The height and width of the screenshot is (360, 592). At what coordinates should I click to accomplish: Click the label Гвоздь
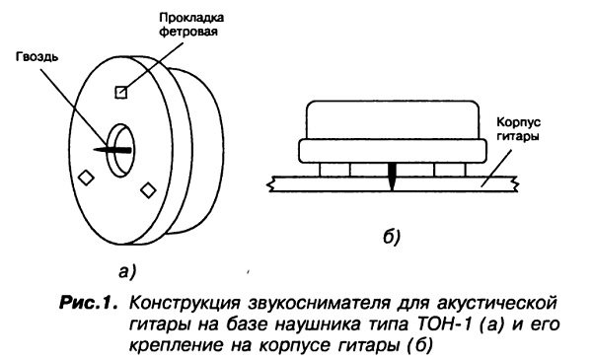pos(37,57)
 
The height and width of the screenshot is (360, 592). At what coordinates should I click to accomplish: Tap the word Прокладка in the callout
pos(191,18)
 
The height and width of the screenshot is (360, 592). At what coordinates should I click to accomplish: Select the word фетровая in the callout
pos(188,32)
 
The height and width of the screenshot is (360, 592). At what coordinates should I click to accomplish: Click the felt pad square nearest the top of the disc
pos(120,92)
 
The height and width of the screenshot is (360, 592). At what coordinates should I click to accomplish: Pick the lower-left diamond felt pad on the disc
pos(86,178)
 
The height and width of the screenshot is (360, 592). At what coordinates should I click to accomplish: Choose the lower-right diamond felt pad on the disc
pos(148,189)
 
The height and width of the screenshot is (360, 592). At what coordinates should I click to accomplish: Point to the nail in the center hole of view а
pos(112,150)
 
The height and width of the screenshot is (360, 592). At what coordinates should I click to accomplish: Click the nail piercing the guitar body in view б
pos(393,177)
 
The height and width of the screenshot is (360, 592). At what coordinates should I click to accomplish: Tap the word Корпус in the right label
pos(518,122)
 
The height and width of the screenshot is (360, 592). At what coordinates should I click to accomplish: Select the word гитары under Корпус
pos(517,136)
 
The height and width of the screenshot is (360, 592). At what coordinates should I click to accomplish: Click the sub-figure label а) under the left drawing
pos(127,271)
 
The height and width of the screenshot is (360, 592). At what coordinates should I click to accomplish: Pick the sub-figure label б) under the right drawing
pos(391,237)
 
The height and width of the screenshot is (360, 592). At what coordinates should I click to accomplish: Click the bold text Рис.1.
pos(89,303)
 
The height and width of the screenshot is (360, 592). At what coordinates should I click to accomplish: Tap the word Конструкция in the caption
pos(185,304)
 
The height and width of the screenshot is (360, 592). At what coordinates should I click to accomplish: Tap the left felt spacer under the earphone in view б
pos(334,170)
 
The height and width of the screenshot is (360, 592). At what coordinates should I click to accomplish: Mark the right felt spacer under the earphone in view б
pos(450,170)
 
